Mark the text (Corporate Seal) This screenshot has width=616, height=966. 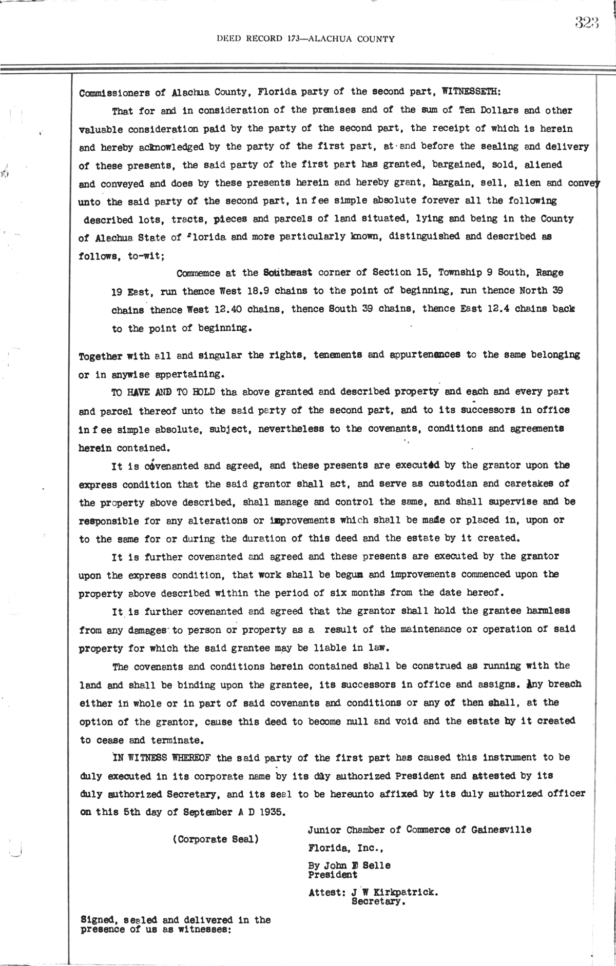click(x=216, y=840)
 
